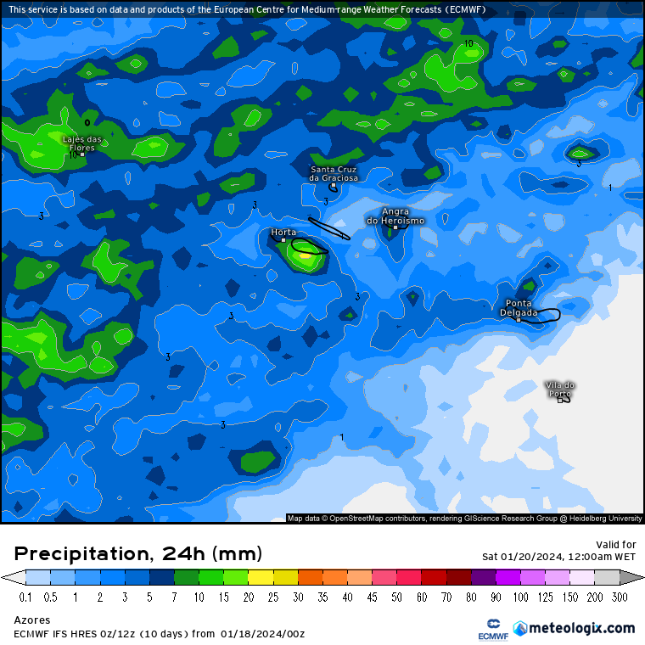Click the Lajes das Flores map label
coord(81,142)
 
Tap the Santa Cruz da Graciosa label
coord(334,174)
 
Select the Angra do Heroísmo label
coord(395,216)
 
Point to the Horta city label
coord(283,232)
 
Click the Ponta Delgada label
coord(519,307)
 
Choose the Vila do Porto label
coord(560,389)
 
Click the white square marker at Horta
coord(284,240)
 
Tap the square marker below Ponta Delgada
coord(519,320)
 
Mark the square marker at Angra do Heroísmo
coord(395,227)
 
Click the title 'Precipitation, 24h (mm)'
coord(137,554)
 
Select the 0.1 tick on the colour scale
coord(25,597)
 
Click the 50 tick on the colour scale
coord(396,597)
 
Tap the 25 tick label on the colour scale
coord(273,597)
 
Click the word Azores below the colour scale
coord(32,620)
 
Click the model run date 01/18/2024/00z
coord(262,634)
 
